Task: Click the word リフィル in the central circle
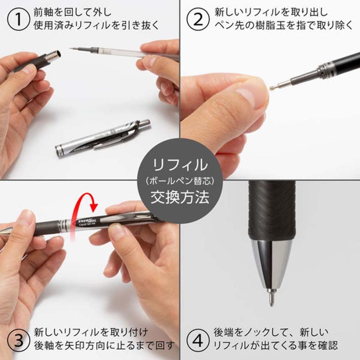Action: [x=180, y=164]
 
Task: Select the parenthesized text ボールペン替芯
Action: [x=180, y=181]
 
